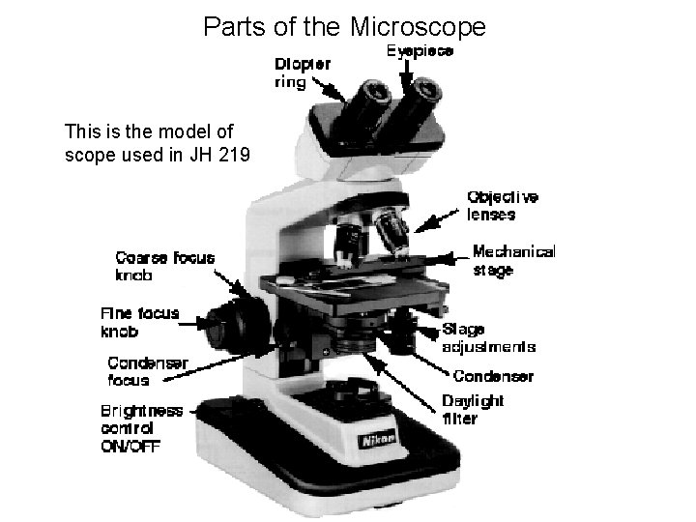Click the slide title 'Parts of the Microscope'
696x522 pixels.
tap(344, 25)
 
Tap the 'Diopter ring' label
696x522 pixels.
tap(302, 72)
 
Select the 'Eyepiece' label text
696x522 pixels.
tap(420, 49)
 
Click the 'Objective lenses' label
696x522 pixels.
tap(503, 206)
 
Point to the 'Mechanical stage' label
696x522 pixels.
tap(513, 261)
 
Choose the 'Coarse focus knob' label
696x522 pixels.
tap(164, 266)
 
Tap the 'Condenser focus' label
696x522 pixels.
tap(148, 371)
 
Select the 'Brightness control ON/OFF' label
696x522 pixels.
tap(141, 427)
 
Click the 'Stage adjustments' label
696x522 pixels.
tap(488, 338)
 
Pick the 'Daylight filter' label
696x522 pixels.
tap(473, 410)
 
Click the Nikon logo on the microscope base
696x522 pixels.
tap(378, 440)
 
